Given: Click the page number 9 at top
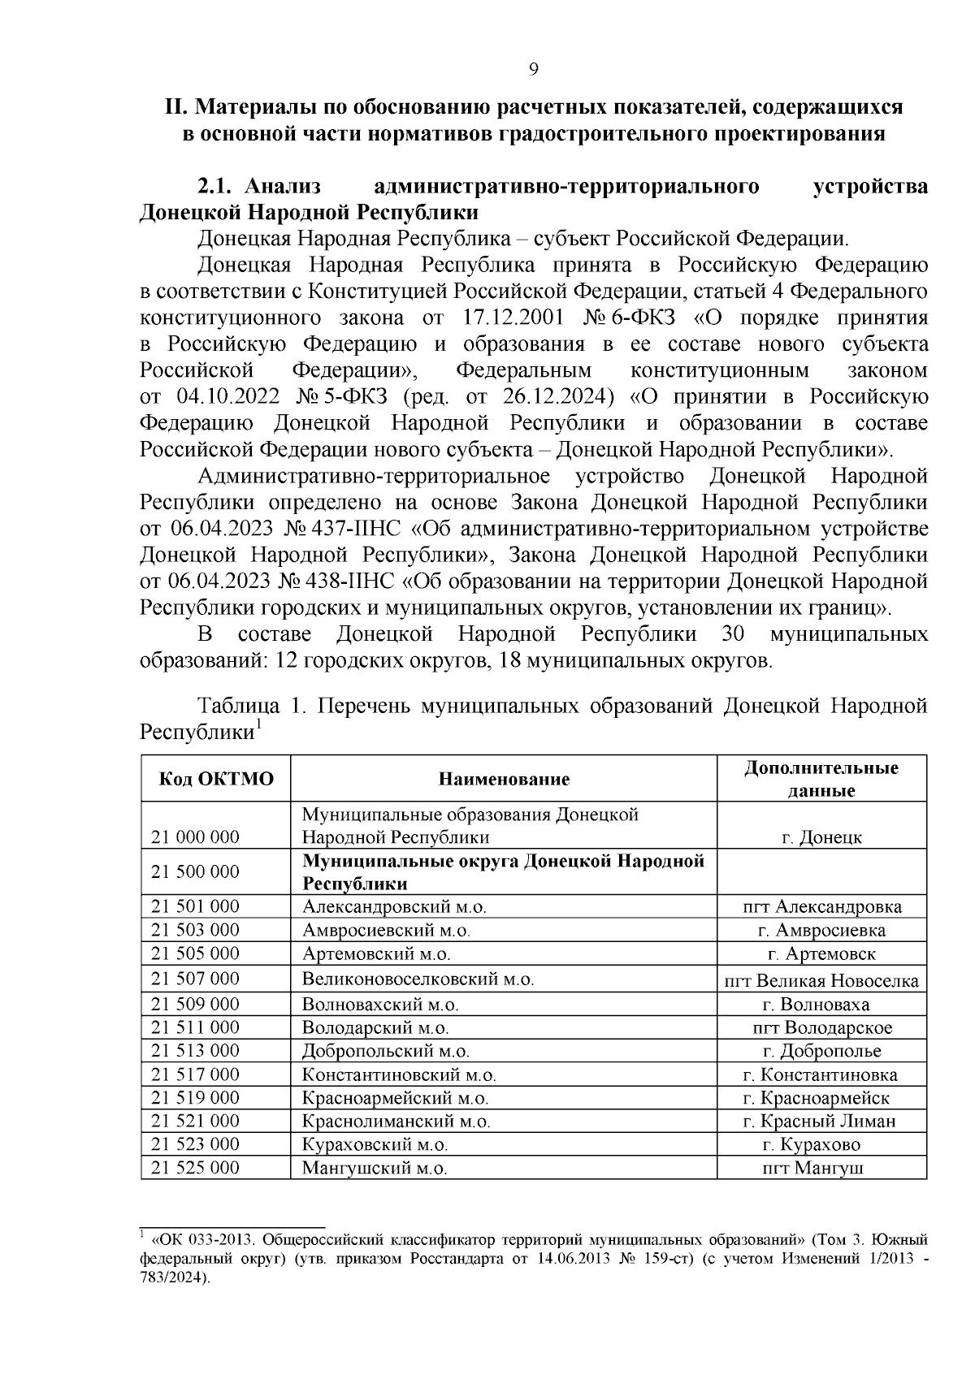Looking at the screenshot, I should coord(533,69).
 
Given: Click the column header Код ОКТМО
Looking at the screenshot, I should coord(215,780).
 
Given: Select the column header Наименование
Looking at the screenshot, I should coord(504,780).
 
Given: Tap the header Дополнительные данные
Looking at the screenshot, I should coord(821,779).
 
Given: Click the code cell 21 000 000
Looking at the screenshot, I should coord(196,837).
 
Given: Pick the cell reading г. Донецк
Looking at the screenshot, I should coord(821,837).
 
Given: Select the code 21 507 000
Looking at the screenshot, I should coord(196,979).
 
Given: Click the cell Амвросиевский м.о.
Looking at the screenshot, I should coord(387,931).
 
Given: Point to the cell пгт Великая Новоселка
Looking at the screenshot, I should coord(821,981).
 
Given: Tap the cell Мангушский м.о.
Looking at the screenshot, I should coord(375,1169).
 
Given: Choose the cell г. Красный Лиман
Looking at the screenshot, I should coord(821,1122).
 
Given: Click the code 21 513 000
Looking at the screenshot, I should coord(196,1051).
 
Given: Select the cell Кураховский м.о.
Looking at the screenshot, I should coord(375,1145).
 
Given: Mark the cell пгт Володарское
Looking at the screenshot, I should coord(821,1028).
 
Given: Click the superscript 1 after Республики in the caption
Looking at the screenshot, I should coord(258,723).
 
